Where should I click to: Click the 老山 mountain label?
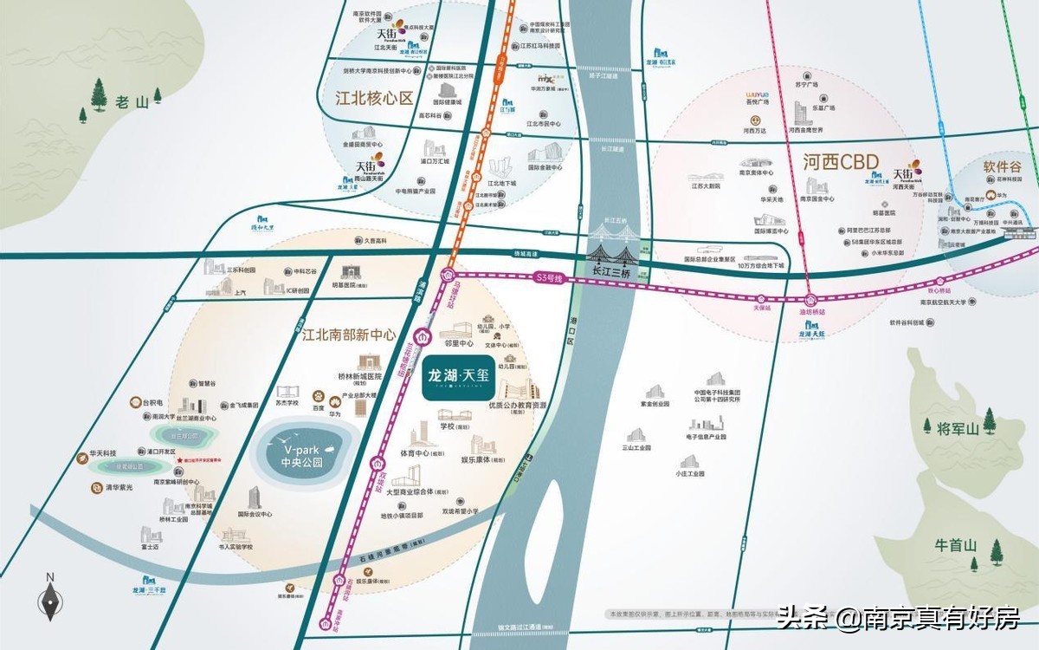(x=132, y=102)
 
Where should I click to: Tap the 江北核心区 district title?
(x=374, y=98)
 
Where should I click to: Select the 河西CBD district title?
(x=840, y=161)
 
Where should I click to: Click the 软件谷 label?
(x=1002, y=166)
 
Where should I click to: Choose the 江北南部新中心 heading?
(x=349, y=334)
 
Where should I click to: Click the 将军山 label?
(x=956, y=428)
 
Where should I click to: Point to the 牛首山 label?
(x=955, y=546)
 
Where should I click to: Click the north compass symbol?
(x=50, y=597)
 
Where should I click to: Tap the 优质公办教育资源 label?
(x=518, y=405)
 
